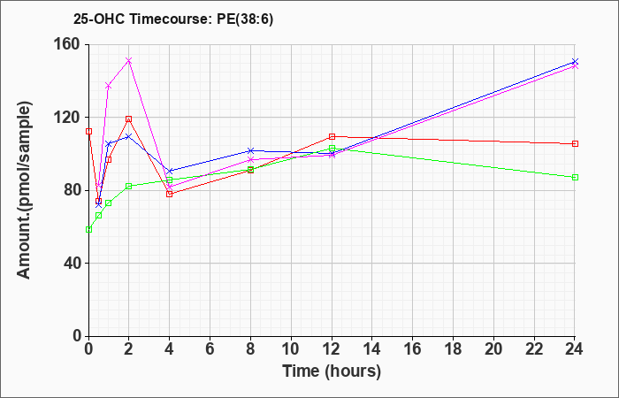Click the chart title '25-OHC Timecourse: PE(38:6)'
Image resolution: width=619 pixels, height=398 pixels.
click(173, 19)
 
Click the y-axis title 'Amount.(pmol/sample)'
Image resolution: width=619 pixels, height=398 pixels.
click(25, 190)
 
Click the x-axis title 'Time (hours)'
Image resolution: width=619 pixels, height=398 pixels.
click(332, 371)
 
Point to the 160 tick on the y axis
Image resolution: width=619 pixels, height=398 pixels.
click(70, 44)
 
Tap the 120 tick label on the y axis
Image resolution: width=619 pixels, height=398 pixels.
click(70, 118)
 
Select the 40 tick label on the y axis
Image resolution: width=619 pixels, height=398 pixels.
click(73, 263)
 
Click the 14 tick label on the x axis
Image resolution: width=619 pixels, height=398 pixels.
click(372, 349)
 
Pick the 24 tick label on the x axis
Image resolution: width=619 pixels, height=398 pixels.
click(575, 349)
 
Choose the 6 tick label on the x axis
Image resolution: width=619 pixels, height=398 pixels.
click(210, 349)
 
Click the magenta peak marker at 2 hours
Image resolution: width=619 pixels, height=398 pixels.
click(129, 60)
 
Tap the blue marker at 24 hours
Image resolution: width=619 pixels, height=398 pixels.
click(575, 62)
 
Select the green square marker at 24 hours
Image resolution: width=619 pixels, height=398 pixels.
click(575, 177)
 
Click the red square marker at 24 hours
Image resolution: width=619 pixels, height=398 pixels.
click(575, 143)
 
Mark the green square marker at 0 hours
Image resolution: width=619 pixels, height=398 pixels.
click(88, 229)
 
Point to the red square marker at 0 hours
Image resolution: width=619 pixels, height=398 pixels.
click(88, 131)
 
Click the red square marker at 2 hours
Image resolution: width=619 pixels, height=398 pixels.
click(129, 119)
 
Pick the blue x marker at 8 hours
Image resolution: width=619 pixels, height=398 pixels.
click(250, 150)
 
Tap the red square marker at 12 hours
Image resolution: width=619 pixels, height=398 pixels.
click(332, 136)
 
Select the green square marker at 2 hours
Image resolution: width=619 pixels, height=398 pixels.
click(129, 186)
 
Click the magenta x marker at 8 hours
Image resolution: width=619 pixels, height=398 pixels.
click(250, 159)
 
